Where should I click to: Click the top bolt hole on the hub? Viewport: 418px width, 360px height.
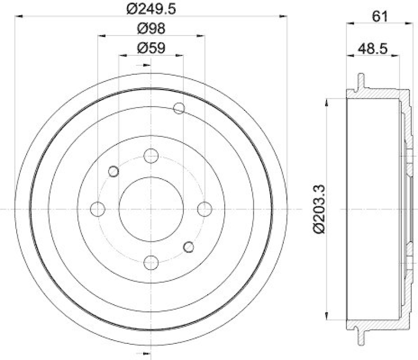[151, 156]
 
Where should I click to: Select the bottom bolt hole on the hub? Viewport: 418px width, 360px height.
[151, 262]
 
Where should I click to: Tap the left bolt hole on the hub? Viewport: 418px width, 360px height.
[98, 209]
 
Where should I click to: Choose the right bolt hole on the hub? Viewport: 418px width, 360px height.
[204, 209]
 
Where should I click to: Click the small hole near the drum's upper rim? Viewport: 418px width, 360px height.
[179, 108]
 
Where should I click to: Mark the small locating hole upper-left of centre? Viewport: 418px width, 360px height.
[113, 171]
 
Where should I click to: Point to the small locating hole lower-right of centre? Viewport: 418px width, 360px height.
[189, 247]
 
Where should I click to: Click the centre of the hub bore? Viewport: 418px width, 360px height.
[151, 209]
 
